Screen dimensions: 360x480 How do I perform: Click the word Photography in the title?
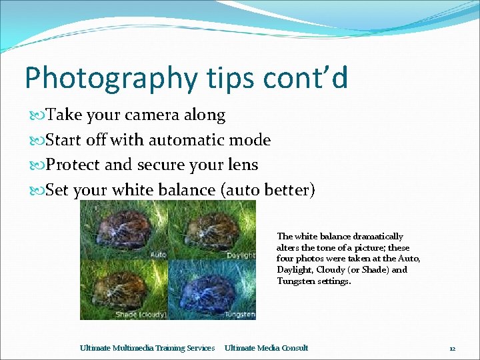pos(109,79)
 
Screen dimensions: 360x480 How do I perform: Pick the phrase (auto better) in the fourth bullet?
pos(267,190)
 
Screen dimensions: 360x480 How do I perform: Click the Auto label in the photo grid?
pos(158,255)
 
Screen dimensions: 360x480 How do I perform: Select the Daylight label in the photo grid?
pos(239,255)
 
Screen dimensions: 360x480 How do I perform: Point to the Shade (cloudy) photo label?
pos(140,314)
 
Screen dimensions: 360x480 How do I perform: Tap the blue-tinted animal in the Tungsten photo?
pos(210,288)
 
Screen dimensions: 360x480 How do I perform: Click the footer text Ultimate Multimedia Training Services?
pos(147,348)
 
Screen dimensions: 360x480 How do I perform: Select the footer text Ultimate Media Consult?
pos(266,348)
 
